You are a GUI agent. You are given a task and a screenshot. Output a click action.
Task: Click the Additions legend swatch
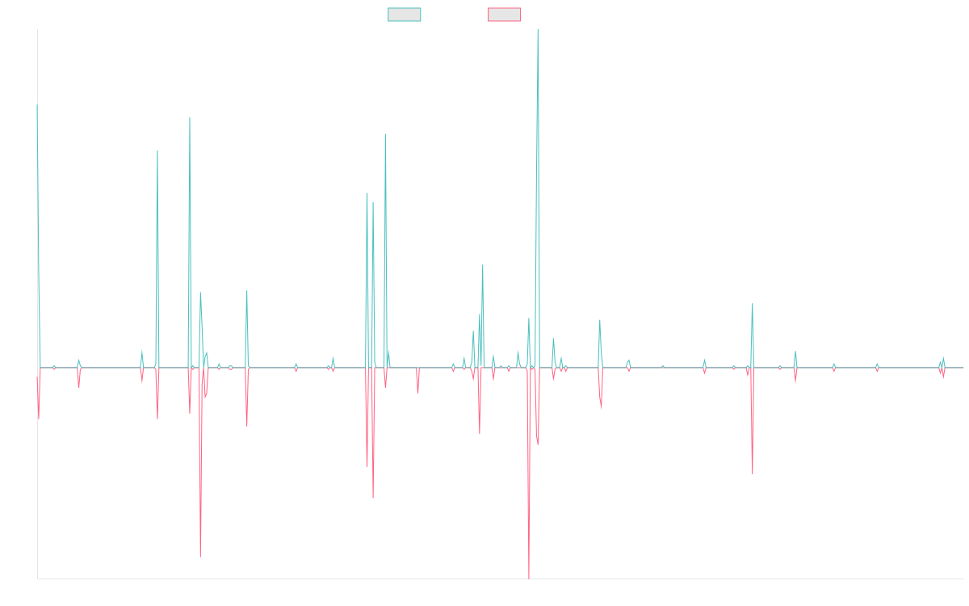(405, 15)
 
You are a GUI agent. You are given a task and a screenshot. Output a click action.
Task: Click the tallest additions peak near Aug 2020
(538, 31)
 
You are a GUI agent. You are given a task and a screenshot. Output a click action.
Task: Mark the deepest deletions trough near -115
(529, 578)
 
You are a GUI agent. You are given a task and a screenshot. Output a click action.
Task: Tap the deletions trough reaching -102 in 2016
(200, 557)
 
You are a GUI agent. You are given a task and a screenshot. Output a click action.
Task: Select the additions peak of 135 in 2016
(190, 119)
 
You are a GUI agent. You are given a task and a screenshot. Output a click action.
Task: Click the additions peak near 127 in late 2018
(385, 134)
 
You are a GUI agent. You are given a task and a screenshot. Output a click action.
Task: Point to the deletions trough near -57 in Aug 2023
(753, 473)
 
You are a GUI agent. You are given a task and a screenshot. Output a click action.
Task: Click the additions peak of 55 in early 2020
(483, 266)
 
